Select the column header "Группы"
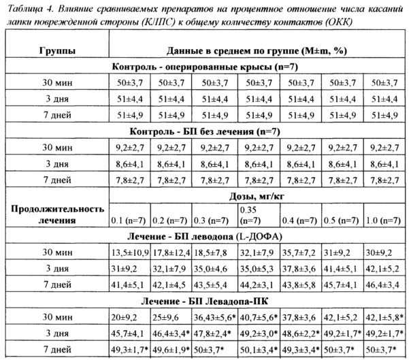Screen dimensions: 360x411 click(x=56, y=51)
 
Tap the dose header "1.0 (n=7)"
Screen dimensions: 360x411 click(x=387, y=220)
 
